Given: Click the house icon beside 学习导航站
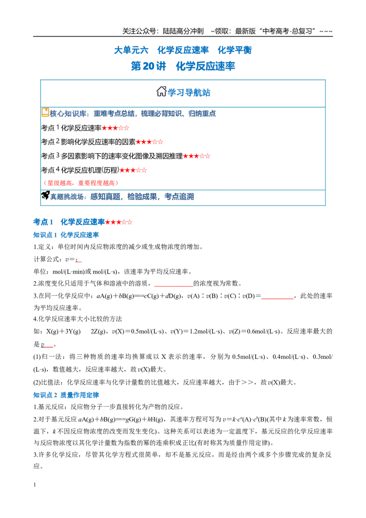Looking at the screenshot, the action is (x=161, y=91).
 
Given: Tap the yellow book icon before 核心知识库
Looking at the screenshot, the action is (x=45, y=112).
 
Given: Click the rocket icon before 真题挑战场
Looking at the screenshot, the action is (x=45, y=195).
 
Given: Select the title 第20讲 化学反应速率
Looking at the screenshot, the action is (x=183, y=66).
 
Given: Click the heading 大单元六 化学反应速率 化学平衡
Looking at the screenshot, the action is (x=183, y=50).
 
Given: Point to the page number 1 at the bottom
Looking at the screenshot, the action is (x=35, y=485).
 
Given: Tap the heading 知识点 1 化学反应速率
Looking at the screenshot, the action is (x=66, y=235).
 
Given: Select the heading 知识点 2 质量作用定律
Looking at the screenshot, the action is (x=66, y=395).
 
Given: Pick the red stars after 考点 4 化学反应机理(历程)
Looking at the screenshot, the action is (x=133, y=170).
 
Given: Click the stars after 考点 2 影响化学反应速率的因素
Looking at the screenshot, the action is (x=149, y=142).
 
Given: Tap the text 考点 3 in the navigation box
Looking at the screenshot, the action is (x=50, y=156).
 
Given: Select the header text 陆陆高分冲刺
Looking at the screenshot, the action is (x=183, y=32).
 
